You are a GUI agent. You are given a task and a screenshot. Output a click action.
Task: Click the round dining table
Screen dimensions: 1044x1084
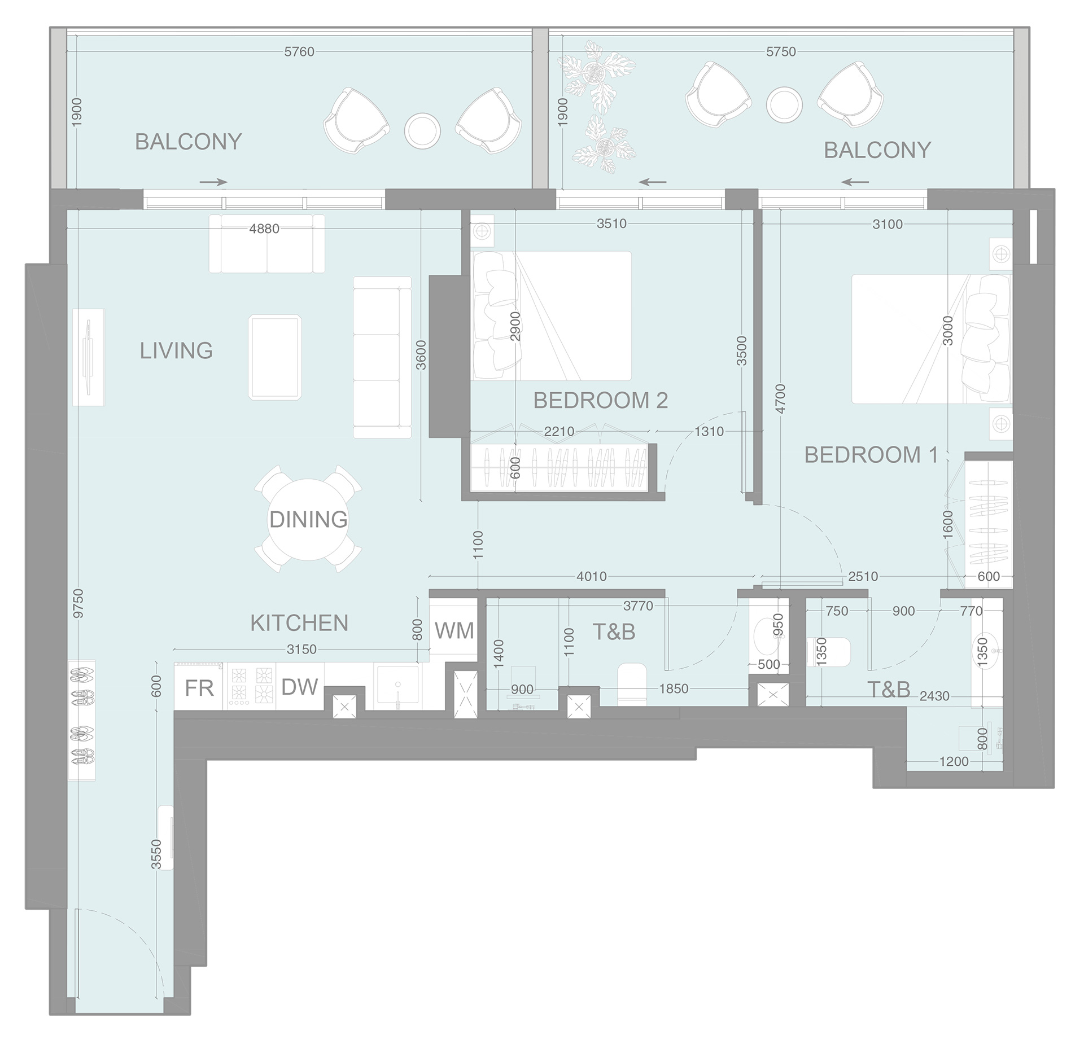[308, 519]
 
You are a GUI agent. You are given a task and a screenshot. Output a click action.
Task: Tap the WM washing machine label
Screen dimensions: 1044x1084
[454, 630]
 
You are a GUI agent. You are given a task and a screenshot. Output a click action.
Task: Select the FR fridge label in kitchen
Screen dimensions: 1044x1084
[199, 688]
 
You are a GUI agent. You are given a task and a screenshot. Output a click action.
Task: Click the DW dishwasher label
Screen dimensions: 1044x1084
[299, 687]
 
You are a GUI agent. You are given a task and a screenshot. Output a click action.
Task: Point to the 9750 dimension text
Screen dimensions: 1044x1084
[78, 603]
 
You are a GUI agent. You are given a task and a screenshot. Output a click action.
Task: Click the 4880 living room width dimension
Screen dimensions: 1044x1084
[264, 229]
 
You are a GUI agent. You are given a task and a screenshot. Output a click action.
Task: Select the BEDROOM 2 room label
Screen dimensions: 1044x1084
[600, 400]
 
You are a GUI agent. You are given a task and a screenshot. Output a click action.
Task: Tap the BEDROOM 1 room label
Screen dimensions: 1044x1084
[871, 454]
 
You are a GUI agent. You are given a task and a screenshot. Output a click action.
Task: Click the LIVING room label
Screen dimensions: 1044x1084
[176, 350]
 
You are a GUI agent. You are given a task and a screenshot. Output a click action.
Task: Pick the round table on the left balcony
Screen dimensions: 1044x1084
[422, 131]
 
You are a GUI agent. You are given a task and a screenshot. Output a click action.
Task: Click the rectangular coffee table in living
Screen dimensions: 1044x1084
[274, 358]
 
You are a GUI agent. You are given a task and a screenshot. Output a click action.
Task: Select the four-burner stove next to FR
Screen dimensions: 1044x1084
[251, 686]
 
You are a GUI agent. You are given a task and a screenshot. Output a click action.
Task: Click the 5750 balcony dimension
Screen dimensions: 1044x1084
[780, 51]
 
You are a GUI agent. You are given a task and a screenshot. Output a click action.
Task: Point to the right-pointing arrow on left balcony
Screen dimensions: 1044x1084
[213, 182]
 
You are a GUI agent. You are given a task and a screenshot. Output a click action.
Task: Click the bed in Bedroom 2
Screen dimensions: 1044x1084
[551, 315]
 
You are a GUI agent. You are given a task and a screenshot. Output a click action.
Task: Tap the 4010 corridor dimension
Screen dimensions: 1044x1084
[591, 576]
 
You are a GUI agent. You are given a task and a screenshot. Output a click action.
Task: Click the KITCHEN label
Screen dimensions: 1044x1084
[299, 623]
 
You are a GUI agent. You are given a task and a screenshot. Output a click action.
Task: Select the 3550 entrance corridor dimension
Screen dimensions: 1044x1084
[156, 854]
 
